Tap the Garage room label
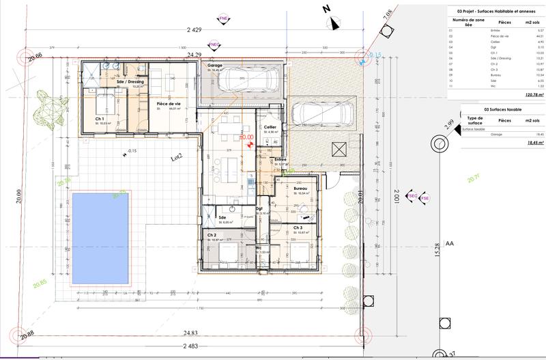pyautogui.click(x=216, y=66)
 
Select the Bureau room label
pyautogui.click(x=300, y=189)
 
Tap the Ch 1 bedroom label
pyautogui.click(x=100, y=119)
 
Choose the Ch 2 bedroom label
pyautogui.click(x=212, y=234)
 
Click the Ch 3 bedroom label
pyautogui.click(x=298, y=227)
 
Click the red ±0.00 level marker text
pyautogui.click(x=246, y=137)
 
